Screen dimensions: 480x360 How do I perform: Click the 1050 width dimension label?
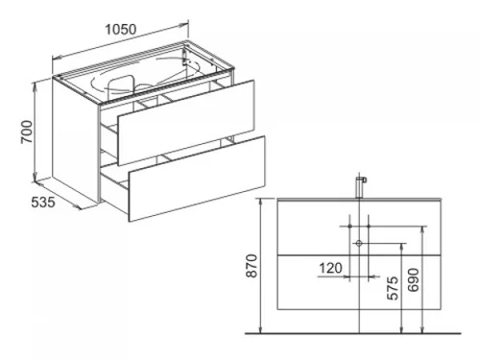[x=121, y=30]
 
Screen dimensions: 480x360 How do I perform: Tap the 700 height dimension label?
[x=27, y=132]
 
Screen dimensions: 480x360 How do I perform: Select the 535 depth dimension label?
[x=43, y=203]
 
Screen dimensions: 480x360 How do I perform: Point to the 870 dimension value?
[x=252, y=266]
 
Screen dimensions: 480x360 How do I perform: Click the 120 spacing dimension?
[x=331, y=268]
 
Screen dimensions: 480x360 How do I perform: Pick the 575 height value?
[x=393, y=288]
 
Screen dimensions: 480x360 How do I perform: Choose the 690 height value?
[x=413, y=280]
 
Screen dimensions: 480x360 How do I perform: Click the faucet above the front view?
[x=361, y=187]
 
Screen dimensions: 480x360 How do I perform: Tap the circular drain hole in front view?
[x=359, y=244]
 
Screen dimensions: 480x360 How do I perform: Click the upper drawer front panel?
[x=186, y=123]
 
